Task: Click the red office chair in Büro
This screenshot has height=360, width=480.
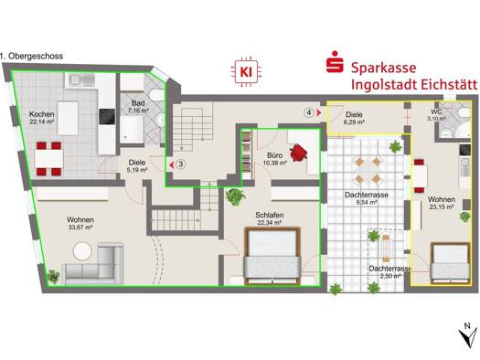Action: click(298, 153)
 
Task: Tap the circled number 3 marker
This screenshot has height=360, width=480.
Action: click(181, 164)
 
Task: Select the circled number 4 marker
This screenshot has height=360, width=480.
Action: click(309, 113)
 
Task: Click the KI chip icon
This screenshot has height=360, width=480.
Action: click(246, 72)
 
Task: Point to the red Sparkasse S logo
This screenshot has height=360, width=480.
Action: click(335, 62)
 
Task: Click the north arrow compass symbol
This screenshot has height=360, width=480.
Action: click(468, 335)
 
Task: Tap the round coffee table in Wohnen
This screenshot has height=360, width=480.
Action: click(82, 251)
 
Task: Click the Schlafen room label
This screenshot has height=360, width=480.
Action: click(270, 216)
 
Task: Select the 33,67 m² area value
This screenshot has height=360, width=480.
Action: click(80, 228)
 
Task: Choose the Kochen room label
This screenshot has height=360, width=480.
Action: click(42, 114)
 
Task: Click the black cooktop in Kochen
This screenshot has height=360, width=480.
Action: click(107, 117)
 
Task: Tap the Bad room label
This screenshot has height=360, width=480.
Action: click(138, 103)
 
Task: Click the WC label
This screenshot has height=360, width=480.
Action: click(436, 112)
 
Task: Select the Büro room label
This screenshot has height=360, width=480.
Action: click(274, 155)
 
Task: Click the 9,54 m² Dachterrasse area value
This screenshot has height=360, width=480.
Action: click(367, 202)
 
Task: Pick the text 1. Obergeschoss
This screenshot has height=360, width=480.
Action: click(31, 57)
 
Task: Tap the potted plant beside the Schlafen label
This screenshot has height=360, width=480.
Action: click(235, 196)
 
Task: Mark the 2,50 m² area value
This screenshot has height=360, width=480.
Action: click(390, 276)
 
